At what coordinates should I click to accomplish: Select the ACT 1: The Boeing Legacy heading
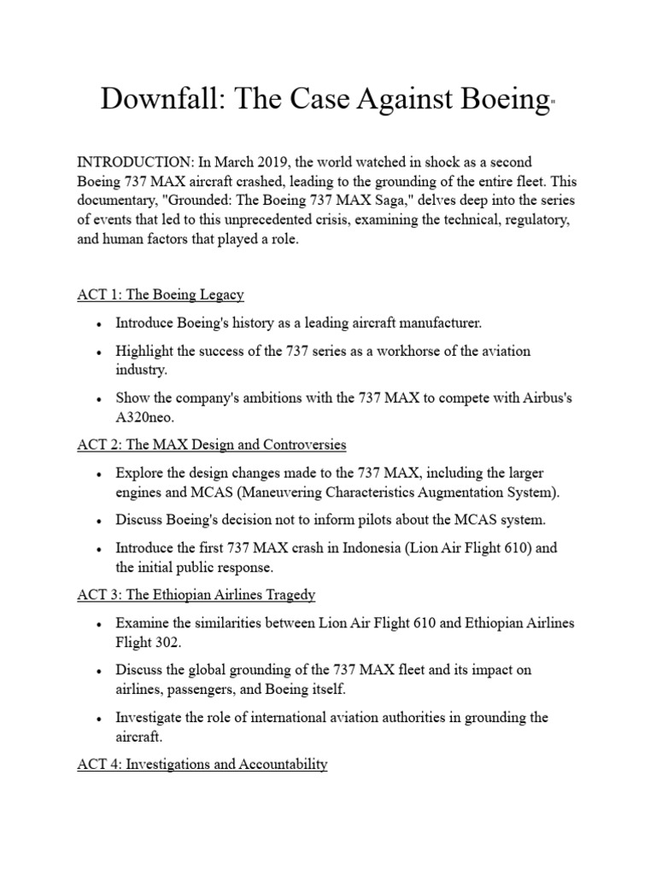(x=160, y=294)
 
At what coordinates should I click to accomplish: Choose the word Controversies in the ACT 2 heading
(x=303, y=445)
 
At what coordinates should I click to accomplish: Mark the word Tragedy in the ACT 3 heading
(x=289, y=596)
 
